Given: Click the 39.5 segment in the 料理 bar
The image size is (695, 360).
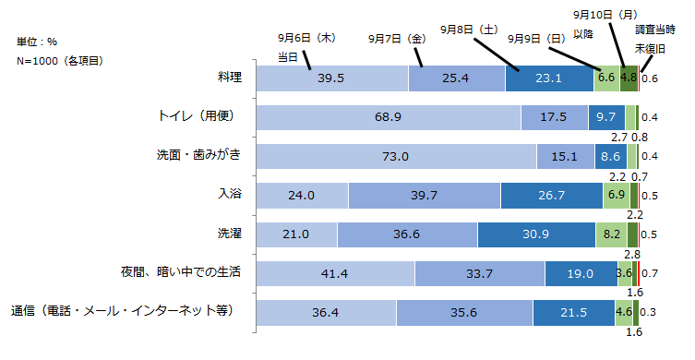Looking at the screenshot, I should (x=330, y=78).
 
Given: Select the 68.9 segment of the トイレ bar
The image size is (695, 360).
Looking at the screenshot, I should (x=387, y=118).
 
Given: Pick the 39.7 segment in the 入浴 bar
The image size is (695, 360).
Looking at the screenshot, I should (x=425, y=196).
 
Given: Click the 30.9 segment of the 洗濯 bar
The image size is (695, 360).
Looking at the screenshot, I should (x=536, y=234).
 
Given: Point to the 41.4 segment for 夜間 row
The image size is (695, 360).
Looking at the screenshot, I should (x=334, y=273).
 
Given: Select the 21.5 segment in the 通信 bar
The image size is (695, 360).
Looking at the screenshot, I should (x=573, y=313).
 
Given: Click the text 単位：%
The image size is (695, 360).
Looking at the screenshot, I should (x=36, y=42).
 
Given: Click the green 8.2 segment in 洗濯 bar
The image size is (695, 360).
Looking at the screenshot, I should (x=611, y=234).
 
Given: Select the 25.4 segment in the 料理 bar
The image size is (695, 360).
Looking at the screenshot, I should (x=457, y=78).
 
